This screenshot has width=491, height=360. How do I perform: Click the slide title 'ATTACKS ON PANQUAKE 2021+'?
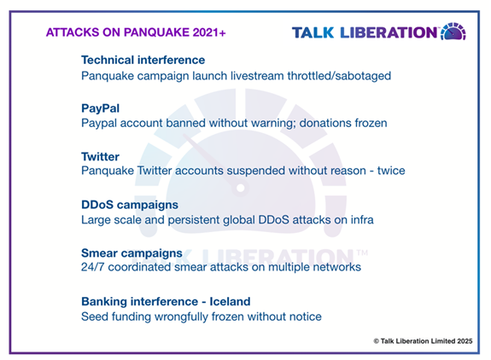136,32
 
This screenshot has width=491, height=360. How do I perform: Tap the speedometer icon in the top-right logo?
453,32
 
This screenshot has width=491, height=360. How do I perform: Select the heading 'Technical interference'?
143,60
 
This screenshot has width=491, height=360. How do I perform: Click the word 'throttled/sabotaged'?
339,76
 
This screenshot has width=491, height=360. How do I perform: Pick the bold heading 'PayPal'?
100,108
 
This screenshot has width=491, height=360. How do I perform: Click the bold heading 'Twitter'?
100,156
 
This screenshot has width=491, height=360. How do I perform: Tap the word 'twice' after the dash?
391,171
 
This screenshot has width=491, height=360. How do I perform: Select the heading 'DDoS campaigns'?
130,205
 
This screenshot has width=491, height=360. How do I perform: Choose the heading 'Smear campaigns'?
132,253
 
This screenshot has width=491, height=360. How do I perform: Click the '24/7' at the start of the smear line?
92,267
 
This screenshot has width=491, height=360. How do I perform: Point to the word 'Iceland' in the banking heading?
230,301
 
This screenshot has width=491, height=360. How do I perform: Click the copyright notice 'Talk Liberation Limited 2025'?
426,341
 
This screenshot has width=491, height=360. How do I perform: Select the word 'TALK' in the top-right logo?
313,32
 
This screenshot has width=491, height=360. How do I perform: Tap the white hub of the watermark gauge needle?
241,188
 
